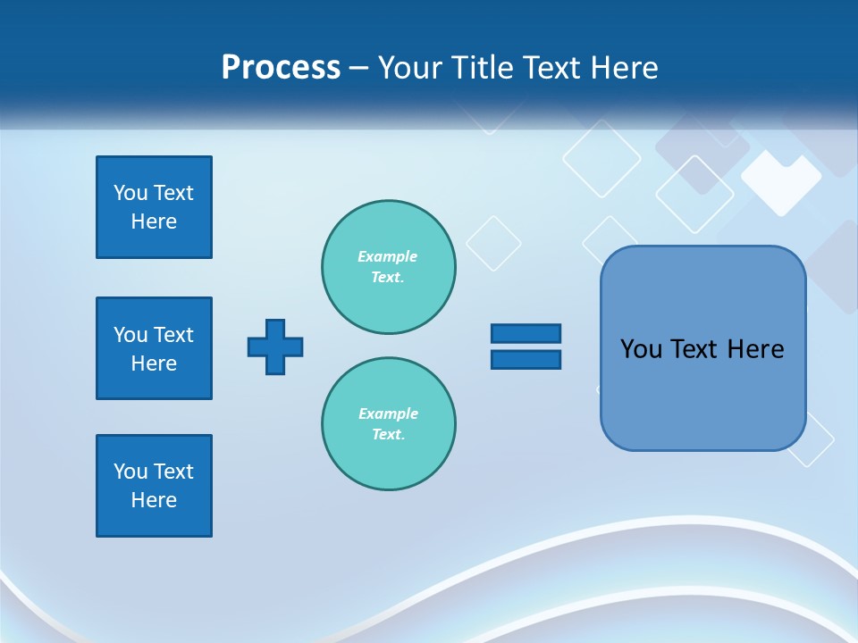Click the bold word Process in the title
point(281,68)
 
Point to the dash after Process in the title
point(359,69)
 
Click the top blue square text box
point(154,207)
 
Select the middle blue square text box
point(154,348)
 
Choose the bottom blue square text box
point(154,486)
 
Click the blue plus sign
point(275,347)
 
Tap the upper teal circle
point(389,267)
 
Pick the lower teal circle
point(389,424)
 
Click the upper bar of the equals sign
point(526,333)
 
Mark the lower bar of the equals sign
point(526,359)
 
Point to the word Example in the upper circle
point(387,256)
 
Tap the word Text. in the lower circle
point(388,434)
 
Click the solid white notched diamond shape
point(780,181)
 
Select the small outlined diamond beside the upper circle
point(493,243)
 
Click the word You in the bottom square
point(130,472)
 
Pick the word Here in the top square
point(154,221)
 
